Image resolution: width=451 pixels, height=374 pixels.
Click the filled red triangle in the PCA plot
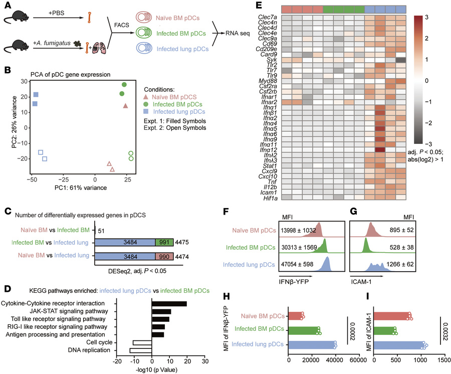point(126,105)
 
